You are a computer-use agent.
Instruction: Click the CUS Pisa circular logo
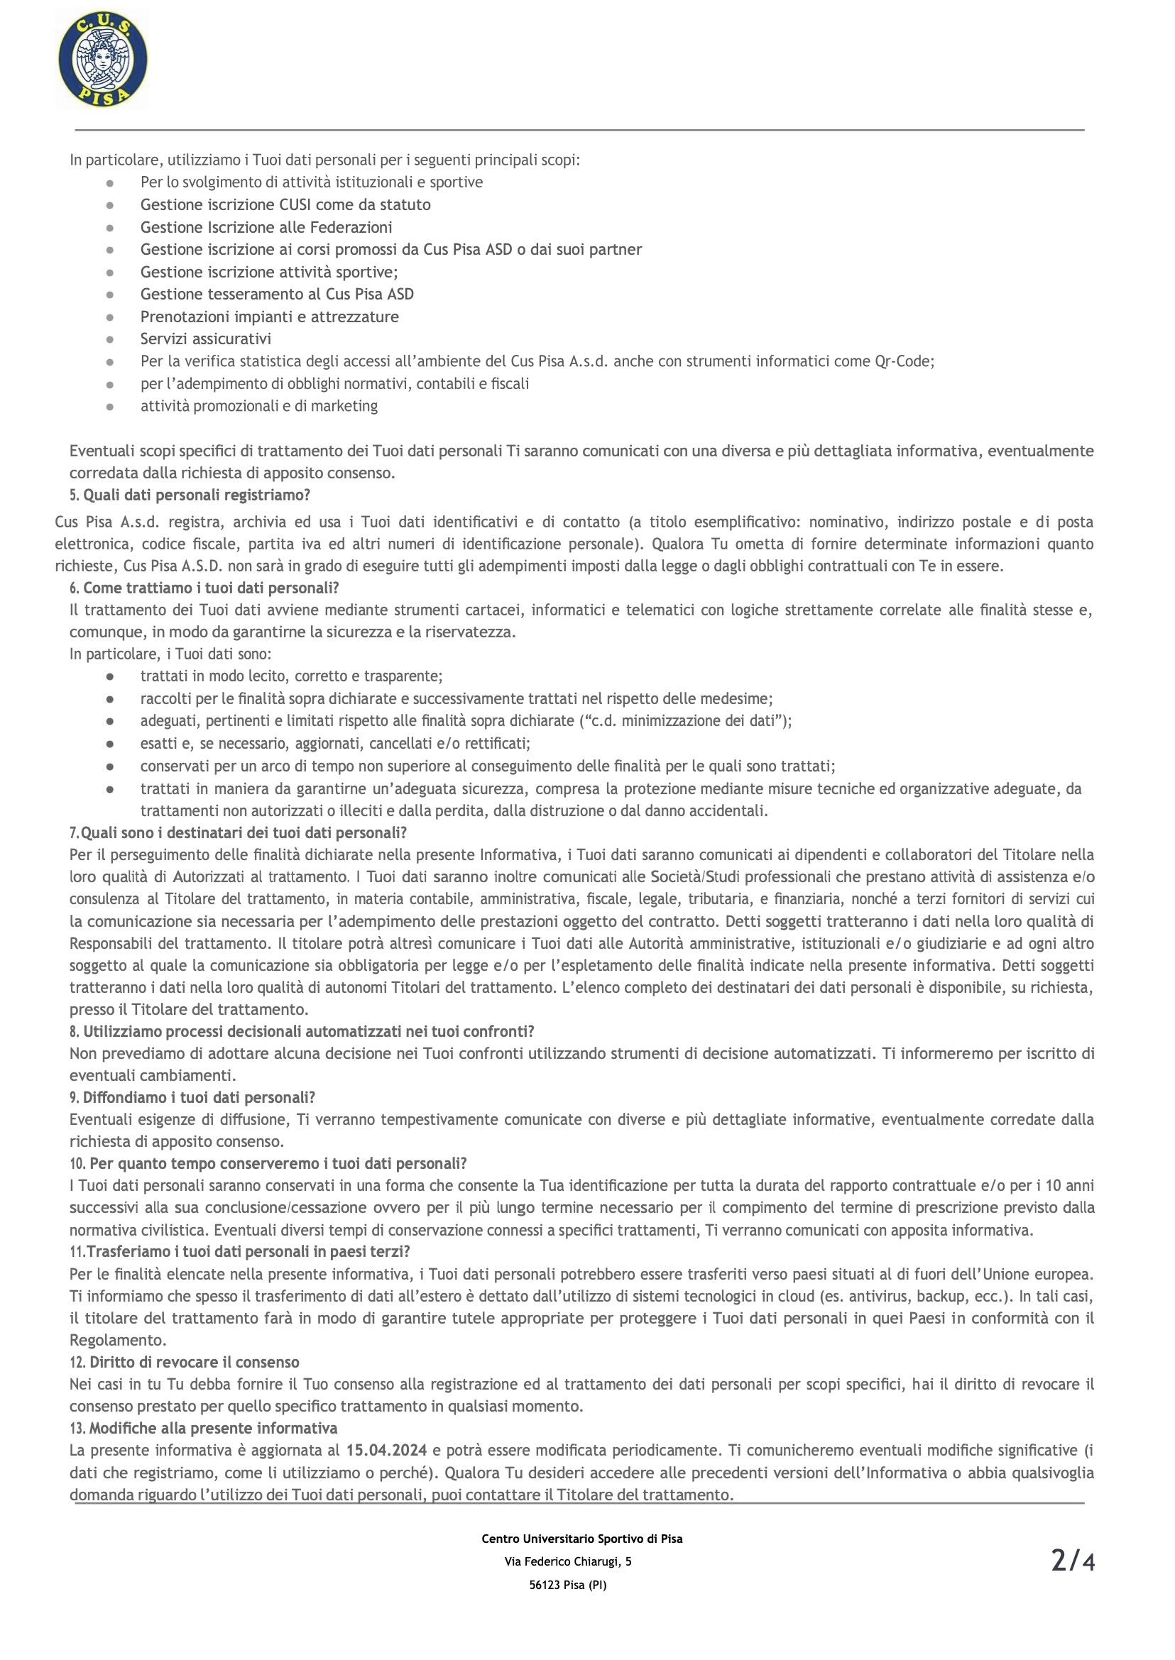(x=103, y=60)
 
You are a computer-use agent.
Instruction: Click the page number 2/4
(x=1072, y=1561)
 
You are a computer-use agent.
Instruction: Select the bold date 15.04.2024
(x=386, y=1450)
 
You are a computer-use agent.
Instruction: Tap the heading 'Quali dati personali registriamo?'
(x=197, y=495)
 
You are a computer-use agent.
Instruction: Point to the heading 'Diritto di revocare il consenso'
(x=194, y=1362)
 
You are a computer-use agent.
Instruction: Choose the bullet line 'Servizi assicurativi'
(x=205, y=339)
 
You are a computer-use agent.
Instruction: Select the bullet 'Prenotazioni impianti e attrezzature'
(x=269, y=317)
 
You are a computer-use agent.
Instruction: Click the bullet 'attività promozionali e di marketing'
(x=259, y=406)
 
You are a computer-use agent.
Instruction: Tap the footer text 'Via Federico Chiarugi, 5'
(x=568, y=1561)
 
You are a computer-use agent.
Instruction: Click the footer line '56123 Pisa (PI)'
(x=568, y=1585)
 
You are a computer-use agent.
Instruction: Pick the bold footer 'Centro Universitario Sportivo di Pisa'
(x=581, y=1539)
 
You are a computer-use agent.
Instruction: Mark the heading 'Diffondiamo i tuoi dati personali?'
(x=199, y=1097)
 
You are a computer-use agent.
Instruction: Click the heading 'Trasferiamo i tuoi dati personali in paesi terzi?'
(x=248, y=1251)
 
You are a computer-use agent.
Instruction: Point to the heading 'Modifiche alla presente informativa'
(x=213, y=1428)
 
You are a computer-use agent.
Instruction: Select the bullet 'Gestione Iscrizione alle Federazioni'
(x=266, y=227)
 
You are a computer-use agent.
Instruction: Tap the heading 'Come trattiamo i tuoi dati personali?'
(x=211, y=588)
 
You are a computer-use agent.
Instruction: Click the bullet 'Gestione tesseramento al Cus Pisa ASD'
(x=277, y=295)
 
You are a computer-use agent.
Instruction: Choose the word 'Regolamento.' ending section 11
(x=118, y=1341)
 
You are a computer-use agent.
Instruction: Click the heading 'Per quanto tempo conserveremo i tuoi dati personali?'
(x=278, y=1163)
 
